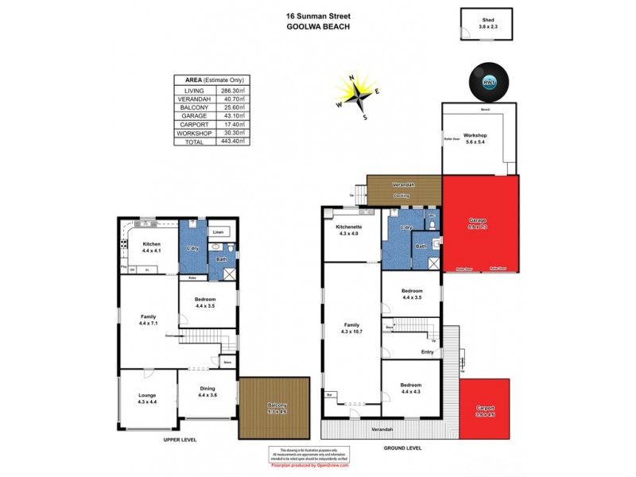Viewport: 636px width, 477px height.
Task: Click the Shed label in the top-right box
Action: point(487,21)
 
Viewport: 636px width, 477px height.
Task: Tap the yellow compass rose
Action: point(355,93)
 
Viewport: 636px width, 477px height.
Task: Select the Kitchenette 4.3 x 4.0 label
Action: point(351,230)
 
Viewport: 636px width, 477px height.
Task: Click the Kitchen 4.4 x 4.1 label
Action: point(152,246)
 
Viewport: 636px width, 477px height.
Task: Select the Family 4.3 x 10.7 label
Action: point(351,328)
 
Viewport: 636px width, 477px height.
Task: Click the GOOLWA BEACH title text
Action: point(318,25)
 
